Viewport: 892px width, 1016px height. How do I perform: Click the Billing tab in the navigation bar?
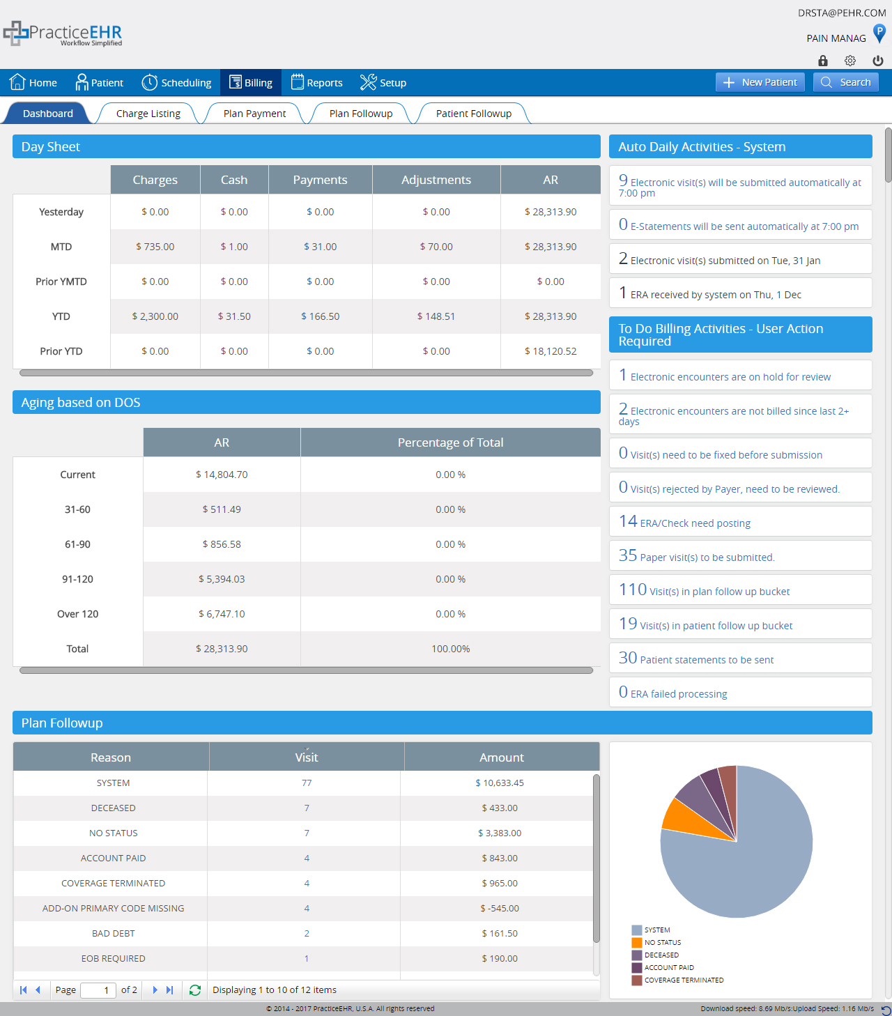coord(251,83)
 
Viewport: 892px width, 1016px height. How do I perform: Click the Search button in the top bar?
coord(846,82)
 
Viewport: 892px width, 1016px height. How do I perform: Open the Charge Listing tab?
coord(148,114)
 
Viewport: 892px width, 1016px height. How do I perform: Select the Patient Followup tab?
coord(473,114)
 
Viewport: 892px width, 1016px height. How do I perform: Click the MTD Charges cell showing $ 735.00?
coord(155,247)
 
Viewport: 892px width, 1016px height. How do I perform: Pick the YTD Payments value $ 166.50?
coord(320,316)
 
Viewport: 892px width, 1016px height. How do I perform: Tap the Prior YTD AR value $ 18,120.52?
coord(550,351)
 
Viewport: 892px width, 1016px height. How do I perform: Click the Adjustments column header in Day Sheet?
coord(436,180)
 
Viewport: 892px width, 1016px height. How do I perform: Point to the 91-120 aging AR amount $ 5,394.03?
coord(222,579)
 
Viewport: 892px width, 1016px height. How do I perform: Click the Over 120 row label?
coord(77,614)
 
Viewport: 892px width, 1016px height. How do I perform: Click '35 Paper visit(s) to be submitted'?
coord(697,556)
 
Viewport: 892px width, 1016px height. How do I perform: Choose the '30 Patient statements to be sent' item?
coord(696,659)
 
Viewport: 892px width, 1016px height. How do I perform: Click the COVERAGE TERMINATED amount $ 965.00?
coord(499,883)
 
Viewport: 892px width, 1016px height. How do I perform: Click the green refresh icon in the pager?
coord(195,990)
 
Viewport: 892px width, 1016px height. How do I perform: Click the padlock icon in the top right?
coord(823,61)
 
